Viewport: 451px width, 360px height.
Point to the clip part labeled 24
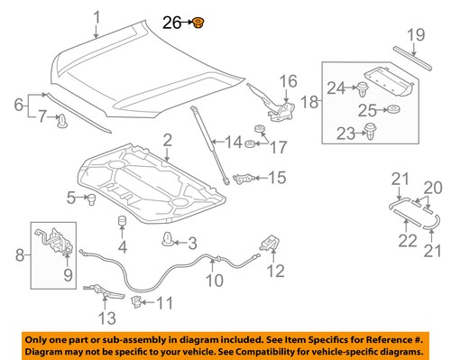[362, 89]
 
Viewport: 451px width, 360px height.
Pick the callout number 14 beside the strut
[234, 142]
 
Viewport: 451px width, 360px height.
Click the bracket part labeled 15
[242, 178]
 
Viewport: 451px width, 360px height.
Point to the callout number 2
[168, 139]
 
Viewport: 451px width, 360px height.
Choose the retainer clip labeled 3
[167, 240]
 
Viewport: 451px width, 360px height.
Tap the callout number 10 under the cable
[215, 281]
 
